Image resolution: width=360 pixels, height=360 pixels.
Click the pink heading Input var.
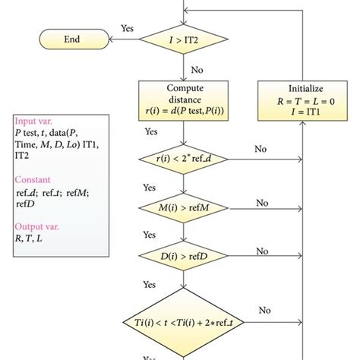[34, 120]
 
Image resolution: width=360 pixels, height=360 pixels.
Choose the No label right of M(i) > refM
[262, 202]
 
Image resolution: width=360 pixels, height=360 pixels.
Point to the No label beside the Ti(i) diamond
[265, 309]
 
